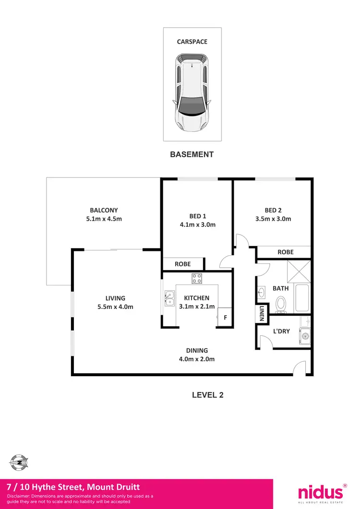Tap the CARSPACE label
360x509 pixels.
click(192, 42)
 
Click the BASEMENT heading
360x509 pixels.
click(192, 154)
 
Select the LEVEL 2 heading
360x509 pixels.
click(208, 395)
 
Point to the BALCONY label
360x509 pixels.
click(104, 210)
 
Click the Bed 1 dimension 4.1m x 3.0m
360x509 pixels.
click(197, 225)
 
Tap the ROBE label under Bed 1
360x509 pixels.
click(182, 264)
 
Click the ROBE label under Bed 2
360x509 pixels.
click(286, 252)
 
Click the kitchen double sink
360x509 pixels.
click(169, 298)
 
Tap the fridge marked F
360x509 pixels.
click(224, 318)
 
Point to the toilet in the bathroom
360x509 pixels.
click(281, 303)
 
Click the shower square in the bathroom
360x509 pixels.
click(299, 272)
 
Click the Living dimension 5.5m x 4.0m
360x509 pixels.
click(116, 307)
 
